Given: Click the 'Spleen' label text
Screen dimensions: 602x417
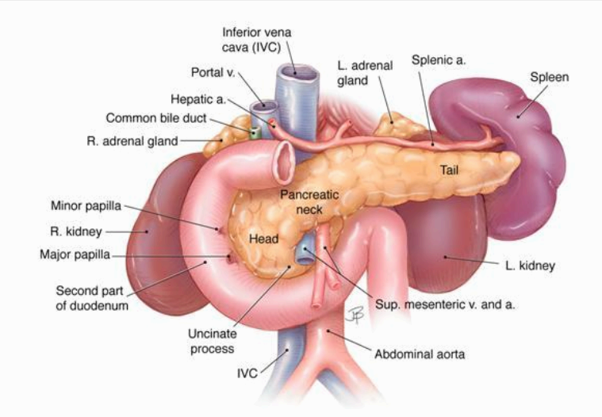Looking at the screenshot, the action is coord(549,78).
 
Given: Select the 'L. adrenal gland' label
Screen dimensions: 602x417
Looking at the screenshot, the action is coord(363,72).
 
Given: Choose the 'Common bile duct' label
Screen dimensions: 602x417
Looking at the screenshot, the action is coord(156,119).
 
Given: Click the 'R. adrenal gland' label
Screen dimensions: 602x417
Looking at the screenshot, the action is coord(132,142).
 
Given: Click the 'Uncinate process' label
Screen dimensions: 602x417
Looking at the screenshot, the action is coord(212,341).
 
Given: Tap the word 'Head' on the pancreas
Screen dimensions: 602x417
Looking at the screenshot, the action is coord(262,238).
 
